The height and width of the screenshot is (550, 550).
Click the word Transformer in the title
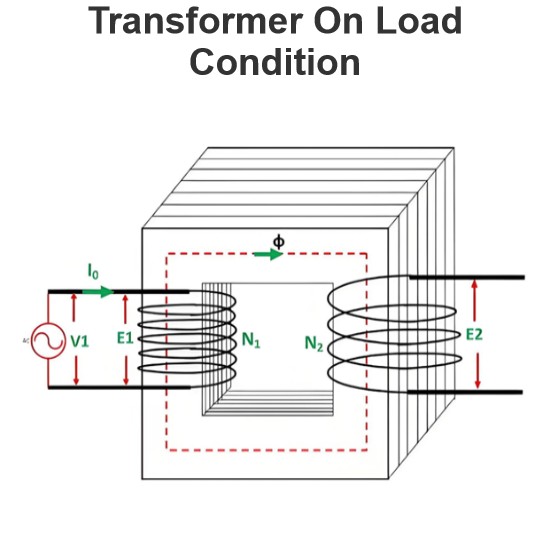coord(196,20)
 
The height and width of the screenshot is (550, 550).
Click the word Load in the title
coord(419,20)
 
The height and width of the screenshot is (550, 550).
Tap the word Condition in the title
coord(275,62)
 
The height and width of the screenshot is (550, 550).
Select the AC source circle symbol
coord(48,341)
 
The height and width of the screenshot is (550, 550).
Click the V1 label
coord(80,341)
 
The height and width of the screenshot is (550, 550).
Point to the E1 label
coord(125,338)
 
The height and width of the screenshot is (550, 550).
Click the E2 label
coord(474,335)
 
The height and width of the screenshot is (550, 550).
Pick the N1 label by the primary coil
coord(251,340)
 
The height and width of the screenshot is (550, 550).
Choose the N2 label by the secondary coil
coord(314,343)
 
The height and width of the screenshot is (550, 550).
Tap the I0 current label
coord(93,271)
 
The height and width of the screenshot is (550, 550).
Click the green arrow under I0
coord(98,291)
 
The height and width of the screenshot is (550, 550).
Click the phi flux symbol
coord(279,242)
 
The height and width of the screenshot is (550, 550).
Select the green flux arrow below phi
coord(269,254)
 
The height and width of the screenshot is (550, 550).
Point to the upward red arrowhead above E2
coord(475,283)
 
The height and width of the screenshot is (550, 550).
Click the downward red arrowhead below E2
coord(477,383)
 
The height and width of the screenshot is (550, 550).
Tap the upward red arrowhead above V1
coord(74,298)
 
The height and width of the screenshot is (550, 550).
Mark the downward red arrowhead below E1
coord(126,380)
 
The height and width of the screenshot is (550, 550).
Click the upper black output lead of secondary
coord(467,277)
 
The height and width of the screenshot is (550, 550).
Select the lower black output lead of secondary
coord(465,391)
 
